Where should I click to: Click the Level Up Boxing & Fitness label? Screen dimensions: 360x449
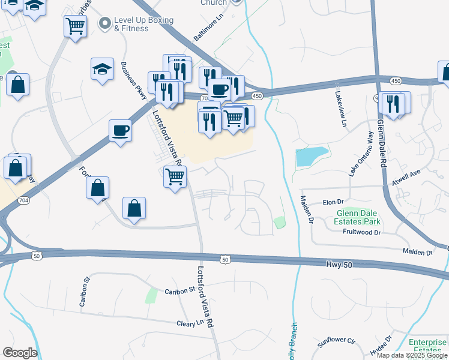(143, 23)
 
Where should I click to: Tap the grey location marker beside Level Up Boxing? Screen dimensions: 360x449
(105, 23)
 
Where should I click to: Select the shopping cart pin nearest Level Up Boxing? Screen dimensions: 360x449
(75, 26)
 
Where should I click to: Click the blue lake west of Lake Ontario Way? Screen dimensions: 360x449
(312, 156)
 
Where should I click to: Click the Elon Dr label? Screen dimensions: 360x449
(332, 203)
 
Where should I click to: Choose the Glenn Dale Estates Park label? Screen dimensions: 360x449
(359, 217)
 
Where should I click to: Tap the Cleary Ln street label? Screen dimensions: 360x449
(190, 323)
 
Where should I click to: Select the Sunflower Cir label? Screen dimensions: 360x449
(337, 340)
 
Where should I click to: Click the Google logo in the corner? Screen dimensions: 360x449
(20, 353)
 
